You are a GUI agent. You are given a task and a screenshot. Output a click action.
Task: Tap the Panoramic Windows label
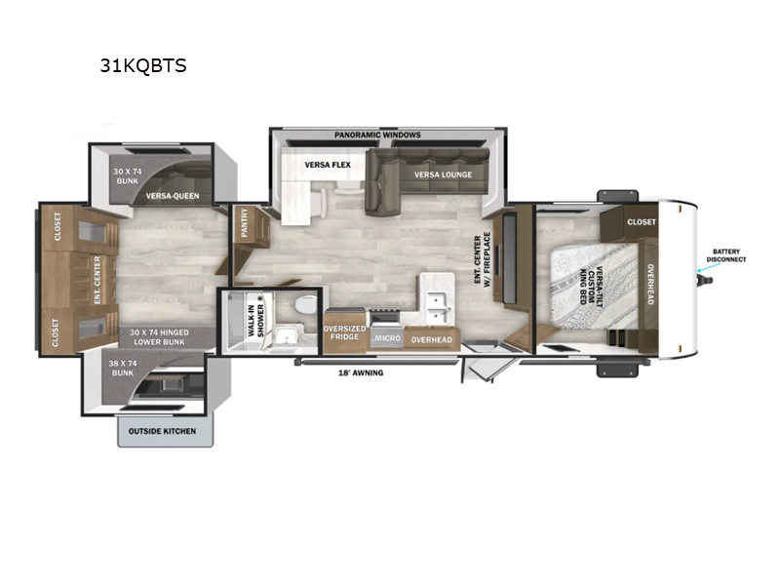click(x=377, y=135)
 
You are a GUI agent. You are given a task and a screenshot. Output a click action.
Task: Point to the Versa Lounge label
click(x=443, y=175)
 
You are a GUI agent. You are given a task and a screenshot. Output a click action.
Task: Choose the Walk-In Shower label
click(x=257, y=320)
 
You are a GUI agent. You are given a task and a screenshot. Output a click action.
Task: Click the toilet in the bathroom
click(x=306, y=305)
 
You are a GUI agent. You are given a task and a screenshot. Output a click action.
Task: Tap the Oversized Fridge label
click(x=345, y=332)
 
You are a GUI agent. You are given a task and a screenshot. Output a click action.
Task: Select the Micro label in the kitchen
click(x=387, y=337)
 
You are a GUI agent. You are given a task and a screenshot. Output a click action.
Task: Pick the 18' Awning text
click(x=361, y=372)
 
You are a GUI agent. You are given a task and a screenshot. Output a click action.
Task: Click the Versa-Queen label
click(x=174, y=195)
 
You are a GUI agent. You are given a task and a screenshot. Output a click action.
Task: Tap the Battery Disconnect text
click(x=727, y=255)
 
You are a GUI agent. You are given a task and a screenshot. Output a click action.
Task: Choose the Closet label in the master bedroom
click(x=642, y=222)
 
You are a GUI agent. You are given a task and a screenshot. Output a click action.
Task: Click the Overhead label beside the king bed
click(x=649, y=283)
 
